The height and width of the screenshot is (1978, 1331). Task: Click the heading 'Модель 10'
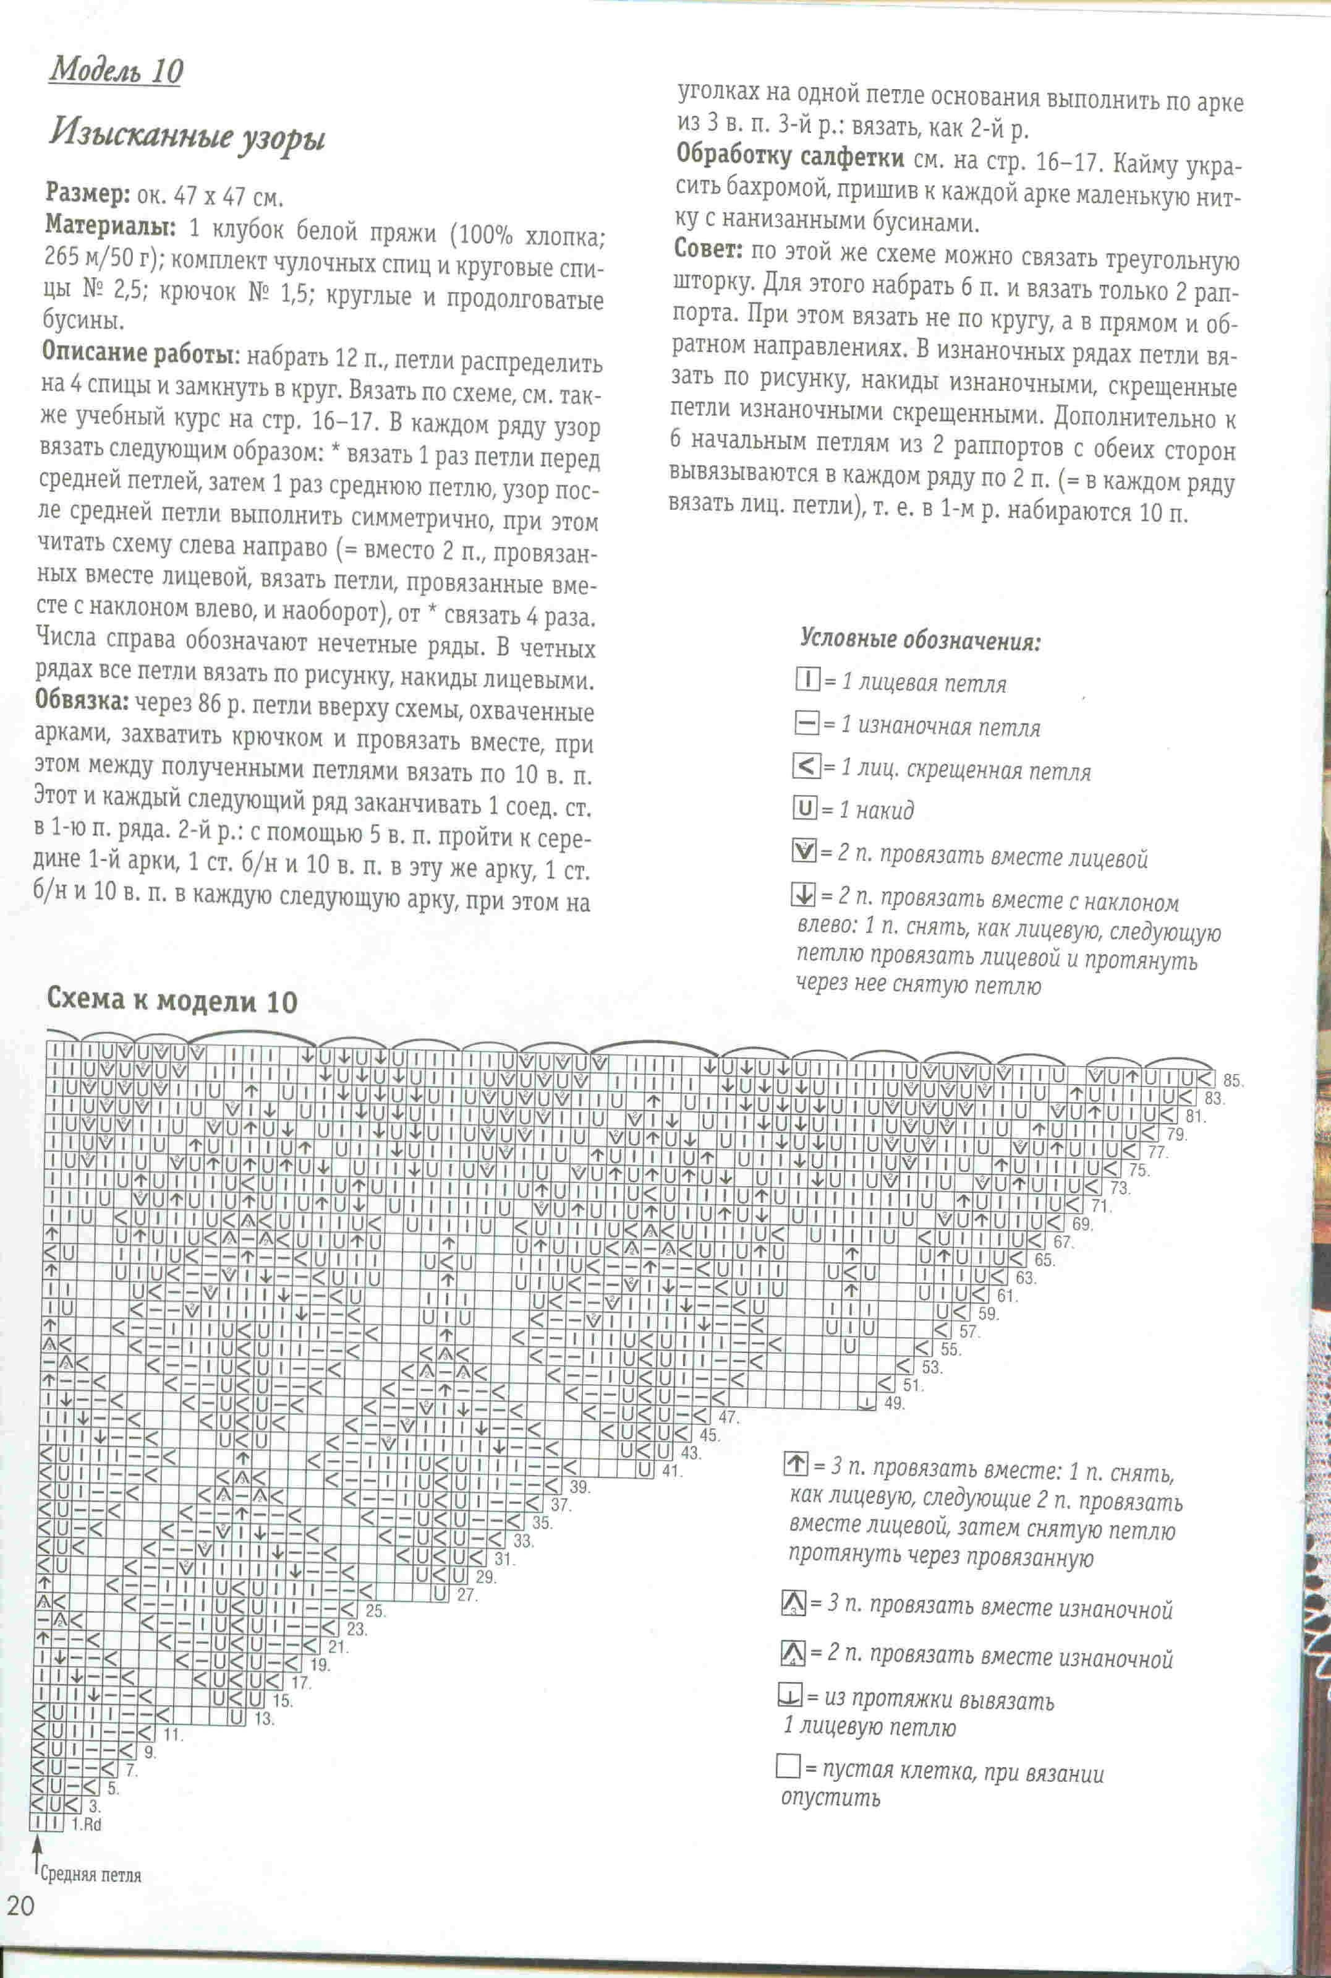point(116,71)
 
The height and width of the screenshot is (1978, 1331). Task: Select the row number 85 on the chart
point(1233,1081)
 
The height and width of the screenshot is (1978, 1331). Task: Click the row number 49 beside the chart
point(894,1404)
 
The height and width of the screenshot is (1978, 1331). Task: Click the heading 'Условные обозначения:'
point(920,640)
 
